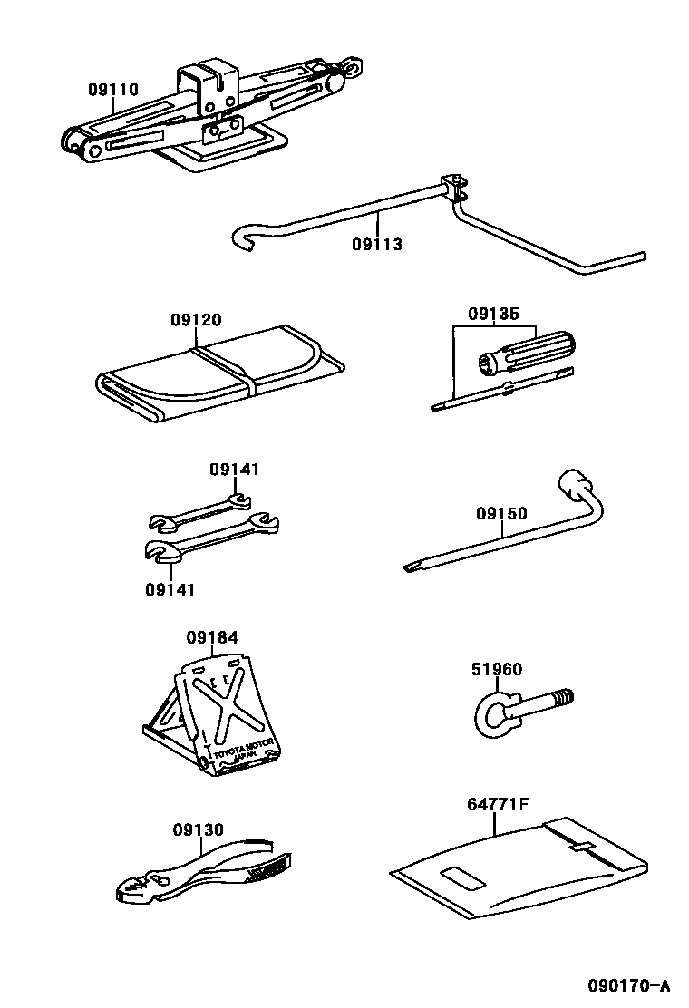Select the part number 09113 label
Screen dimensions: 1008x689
pos(376,244)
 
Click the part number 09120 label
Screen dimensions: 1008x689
pos(195,320)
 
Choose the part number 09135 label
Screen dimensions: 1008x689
pos(493,315)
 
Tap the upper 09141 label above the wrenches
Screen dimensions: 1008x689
pos(235,469)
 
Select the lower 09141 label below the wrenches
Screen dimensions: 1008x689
pos(170,588)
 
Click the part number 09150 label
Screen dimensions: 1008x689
pos(501,514)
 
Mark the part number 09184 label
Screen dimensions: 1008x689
pos(213,637)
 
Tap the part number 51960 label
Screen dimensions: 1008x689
pos(496,670)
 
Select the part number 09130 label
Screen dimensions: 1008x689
pos(199,829)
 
